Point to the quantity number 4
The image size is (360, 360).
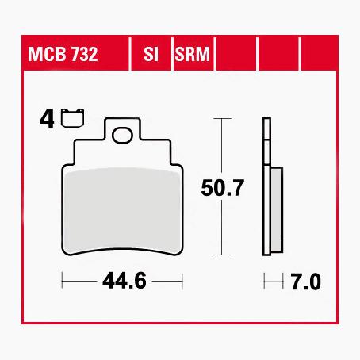pos(46,121)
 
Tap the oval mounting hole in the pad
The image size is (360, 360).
pos(123,136)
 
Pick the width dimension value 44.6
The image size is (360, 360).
pos(123,282)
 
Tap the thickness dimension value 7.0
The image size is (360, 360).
pos(307,282)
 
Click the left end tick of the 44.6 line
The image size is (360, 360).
pos(62,282)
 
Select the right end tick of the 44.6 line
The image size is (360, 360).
pos(183,282)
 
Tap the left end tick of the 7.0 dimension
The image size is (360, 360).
pos(264,282)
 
